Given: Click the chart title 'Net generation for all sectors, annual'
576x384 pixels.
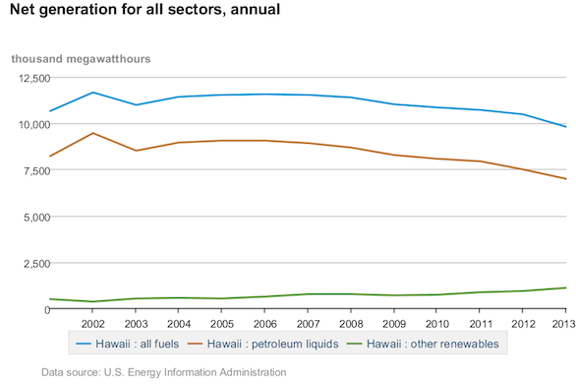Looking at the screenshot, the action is pyautogui.click(x=144, y=10).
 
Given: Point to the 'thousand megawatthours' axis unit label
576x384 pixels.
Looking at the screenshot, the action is pyautogui.click(x=81, y=59).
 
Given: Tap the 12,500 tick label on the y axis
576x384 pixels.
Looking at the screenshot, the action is pyautogui.click(x=34, y=79).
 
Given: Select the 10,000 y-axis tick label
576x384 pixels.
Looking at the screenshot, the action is pyautogui.click(x=34, y=125).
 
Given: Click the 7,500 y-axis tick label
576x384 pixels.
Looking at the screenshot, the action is pyautogui.click(x=36, y=171).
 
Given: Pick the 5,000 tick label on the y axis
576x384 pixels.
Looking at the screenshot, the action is pyautogui.click(x=36, y=218).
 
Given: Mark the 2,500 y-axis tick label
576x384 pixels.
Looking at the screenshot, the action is pyautogui.click(x=36, y=264).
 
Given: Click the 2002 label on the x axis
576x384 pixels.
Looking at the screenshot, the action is pyautogui.click(x=93, y=324).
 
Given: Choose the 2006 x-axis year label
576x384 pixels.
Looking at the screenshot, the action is pyautogui.click(x=264, y=324).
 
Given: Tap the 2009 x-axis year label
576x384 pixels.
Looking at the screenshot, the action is pyautogui.click(x=394, y=324).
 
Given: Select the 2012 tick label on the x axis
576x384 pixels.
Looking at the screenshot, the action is pyautogui.click(x=523, y=324).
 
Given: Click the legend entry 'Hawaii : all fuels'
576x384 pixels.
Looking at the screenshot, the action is pyautogui.click(x=128, y=344).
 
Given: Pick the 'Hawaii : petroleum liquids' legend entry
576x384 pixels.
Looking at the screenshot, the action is pyautogui.click(x=263, y=344).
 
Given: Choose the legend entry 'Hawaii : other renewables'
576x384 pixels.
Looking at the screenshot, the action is pyautogui.click(x=423, y=344).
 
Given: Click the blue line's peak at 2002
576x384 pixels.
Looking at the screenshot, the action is pyautogui.click(x=93, y=93).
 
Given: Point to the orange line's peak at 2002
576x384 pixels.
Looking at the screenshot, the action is pyautogui.click(x=93, y=133).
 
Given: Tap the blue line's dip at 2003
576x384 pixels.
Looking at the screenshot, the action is pyautogui.click(x=136, y=104).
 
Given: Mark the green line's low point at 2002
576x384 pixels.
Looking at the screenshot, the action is pyautogui.click(x=93, y=301).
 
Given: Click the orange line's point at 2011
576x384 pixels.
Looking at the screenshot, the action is pyautogui.click(x=480, y=161).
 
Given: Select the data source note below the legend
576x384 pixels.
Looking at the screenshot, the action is pyautogui.click(x=164, y=372).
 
